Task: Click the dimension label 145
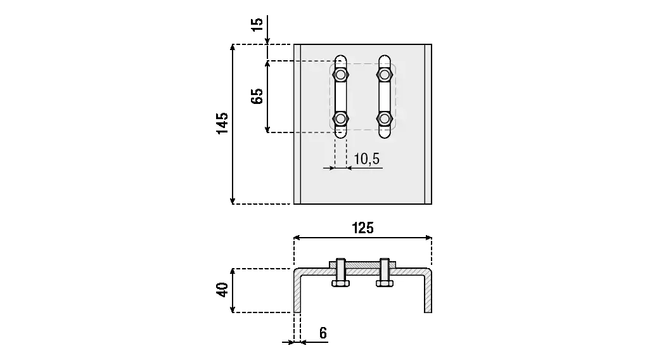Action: (x=222, y=124)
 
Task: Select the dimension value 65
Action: (x=257, y=97)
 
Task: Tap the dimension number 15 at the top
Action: (x=257, y=25)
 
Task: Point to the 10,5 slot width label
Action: (x=366, y=159)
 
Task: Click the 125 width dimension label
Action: (x=362, y=228)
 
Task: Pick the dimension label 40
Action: (x=222, y=290)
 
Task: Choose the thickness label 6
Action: (x=323, y=333)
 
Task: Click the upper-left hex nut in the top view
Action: (x=341, y=75)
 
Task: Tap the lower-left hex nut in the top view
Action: (x=341, y=119)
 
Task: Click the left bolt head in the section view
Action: (x=340, y=283)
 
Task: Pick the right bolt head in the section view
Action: (x=384, y=283)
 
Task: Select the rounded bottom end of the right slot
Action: (x=385, y=134)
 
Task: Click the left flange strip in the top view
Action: (x=297, y=124)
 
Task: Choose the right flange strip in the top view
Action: (x=428, y=124)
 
